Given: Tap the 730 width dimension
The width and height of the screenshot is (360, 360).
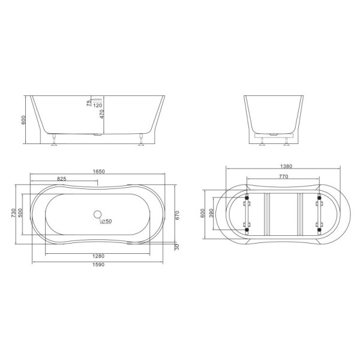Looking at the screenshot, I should (x=13, y=214).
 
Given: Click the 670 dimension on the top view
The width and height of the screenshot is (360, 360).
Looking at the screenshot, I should (x=179, y=215).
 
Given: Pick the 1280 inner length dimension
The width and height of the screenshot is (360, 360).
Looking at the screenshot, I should (x=95, y=258).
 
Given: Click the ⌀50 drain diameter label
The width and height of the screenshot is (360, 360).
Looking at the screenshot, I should (x=106, y=221).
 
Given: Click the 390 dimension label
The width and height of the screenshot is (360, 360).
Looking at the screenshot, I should (x=211, y=214).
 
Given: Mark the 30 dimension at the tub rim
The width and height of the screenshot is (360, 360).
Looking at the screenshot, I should (x=178, y=247).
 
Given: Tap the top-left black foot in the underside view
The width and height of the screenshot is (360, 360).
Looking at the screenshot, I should (x=246, y=196).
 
